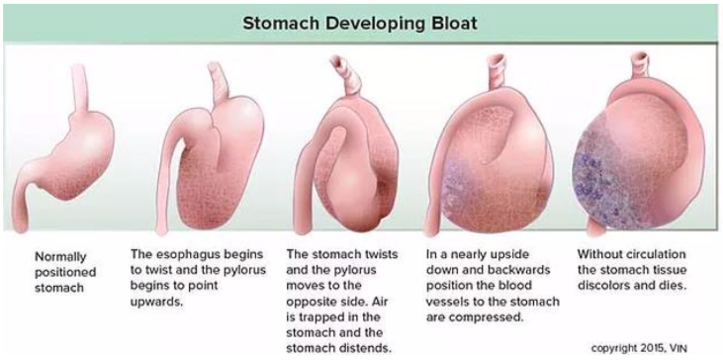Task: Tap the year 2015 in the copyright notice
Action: click(653, 348)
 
